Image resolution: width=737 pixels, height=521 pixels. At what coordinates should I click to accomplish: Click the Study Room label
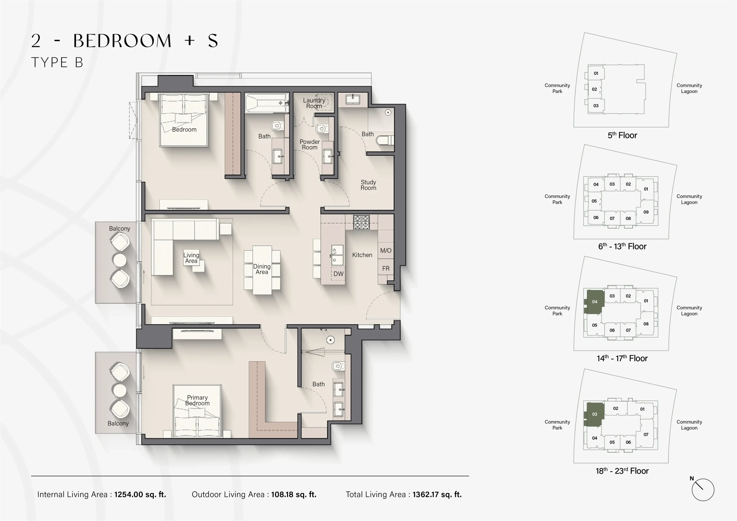pyautogui.click(x=368, y=185)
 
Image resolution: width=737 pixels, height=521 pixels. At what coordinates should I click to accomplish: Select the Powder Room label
pyautogui.click(x=309, y=144)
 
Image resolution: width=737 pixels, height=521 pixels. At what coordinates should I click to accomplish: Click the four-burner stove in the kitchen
pyautogui.click(x=361, y=222)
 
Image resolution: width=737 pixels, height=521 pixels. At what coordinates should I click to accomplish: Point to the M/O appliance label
pyautogui.click(x=385, y=250)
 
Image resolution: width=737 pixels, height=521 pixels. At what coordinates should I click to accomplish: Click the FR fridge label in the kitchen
pyautogui.click(x=385, y=268)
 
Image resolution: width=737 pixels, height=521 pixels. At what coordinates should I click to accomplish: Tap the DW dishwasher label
pyautogui.click(x=338, y=274)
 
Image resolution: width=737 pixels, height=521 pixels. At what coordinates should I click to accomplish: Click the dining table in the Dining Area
pyautogui.click(x=262, y=270)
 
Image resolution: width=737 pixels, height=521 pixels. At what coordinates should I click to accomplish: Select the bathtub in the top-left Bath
pyautogui.click(x=266, y=103)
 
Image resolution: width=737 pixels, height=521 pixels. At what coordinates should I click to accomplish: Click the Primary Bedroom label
pyautogui.click(x=197, y=400)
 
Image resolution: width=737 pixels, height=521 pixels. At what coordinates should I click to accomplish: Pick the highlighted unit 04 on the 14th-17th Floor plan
pyautogui.click(x=594, y=302)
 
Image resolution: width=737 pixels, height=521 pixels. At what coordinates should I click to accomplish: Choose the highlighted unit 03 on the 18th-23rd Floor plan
pyautogui.click(x=594, y=414)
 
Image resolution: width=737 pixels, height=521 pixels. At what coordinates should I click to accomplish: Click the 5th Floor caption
pyautogui.click(x=622, y=135)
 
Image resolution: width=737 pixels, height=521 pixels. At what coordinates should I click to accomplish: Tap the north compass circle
pyautogui.click(x=703, y=490)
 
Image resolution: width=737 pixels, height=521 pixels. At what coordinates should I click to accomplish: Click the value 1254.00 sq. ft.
pyautogui.click(x=140, y=494)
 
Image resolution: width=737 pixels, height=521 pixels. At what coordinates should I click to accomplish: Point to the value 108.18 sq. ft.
pyautogui.click(x=293, y=494)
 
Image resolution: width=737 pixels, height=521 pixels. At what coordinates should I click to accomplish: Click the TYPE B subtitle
pyautogui.click(x=57, y=62)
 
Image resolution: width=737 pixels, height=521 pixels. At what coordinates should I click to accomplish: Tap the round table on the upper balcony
pyautogui.click(x=120, y=260)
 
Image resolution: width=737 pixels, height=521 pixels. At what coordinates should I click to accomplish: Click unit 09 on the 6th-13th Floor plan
pyautogui.click(x=646, y=212)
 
